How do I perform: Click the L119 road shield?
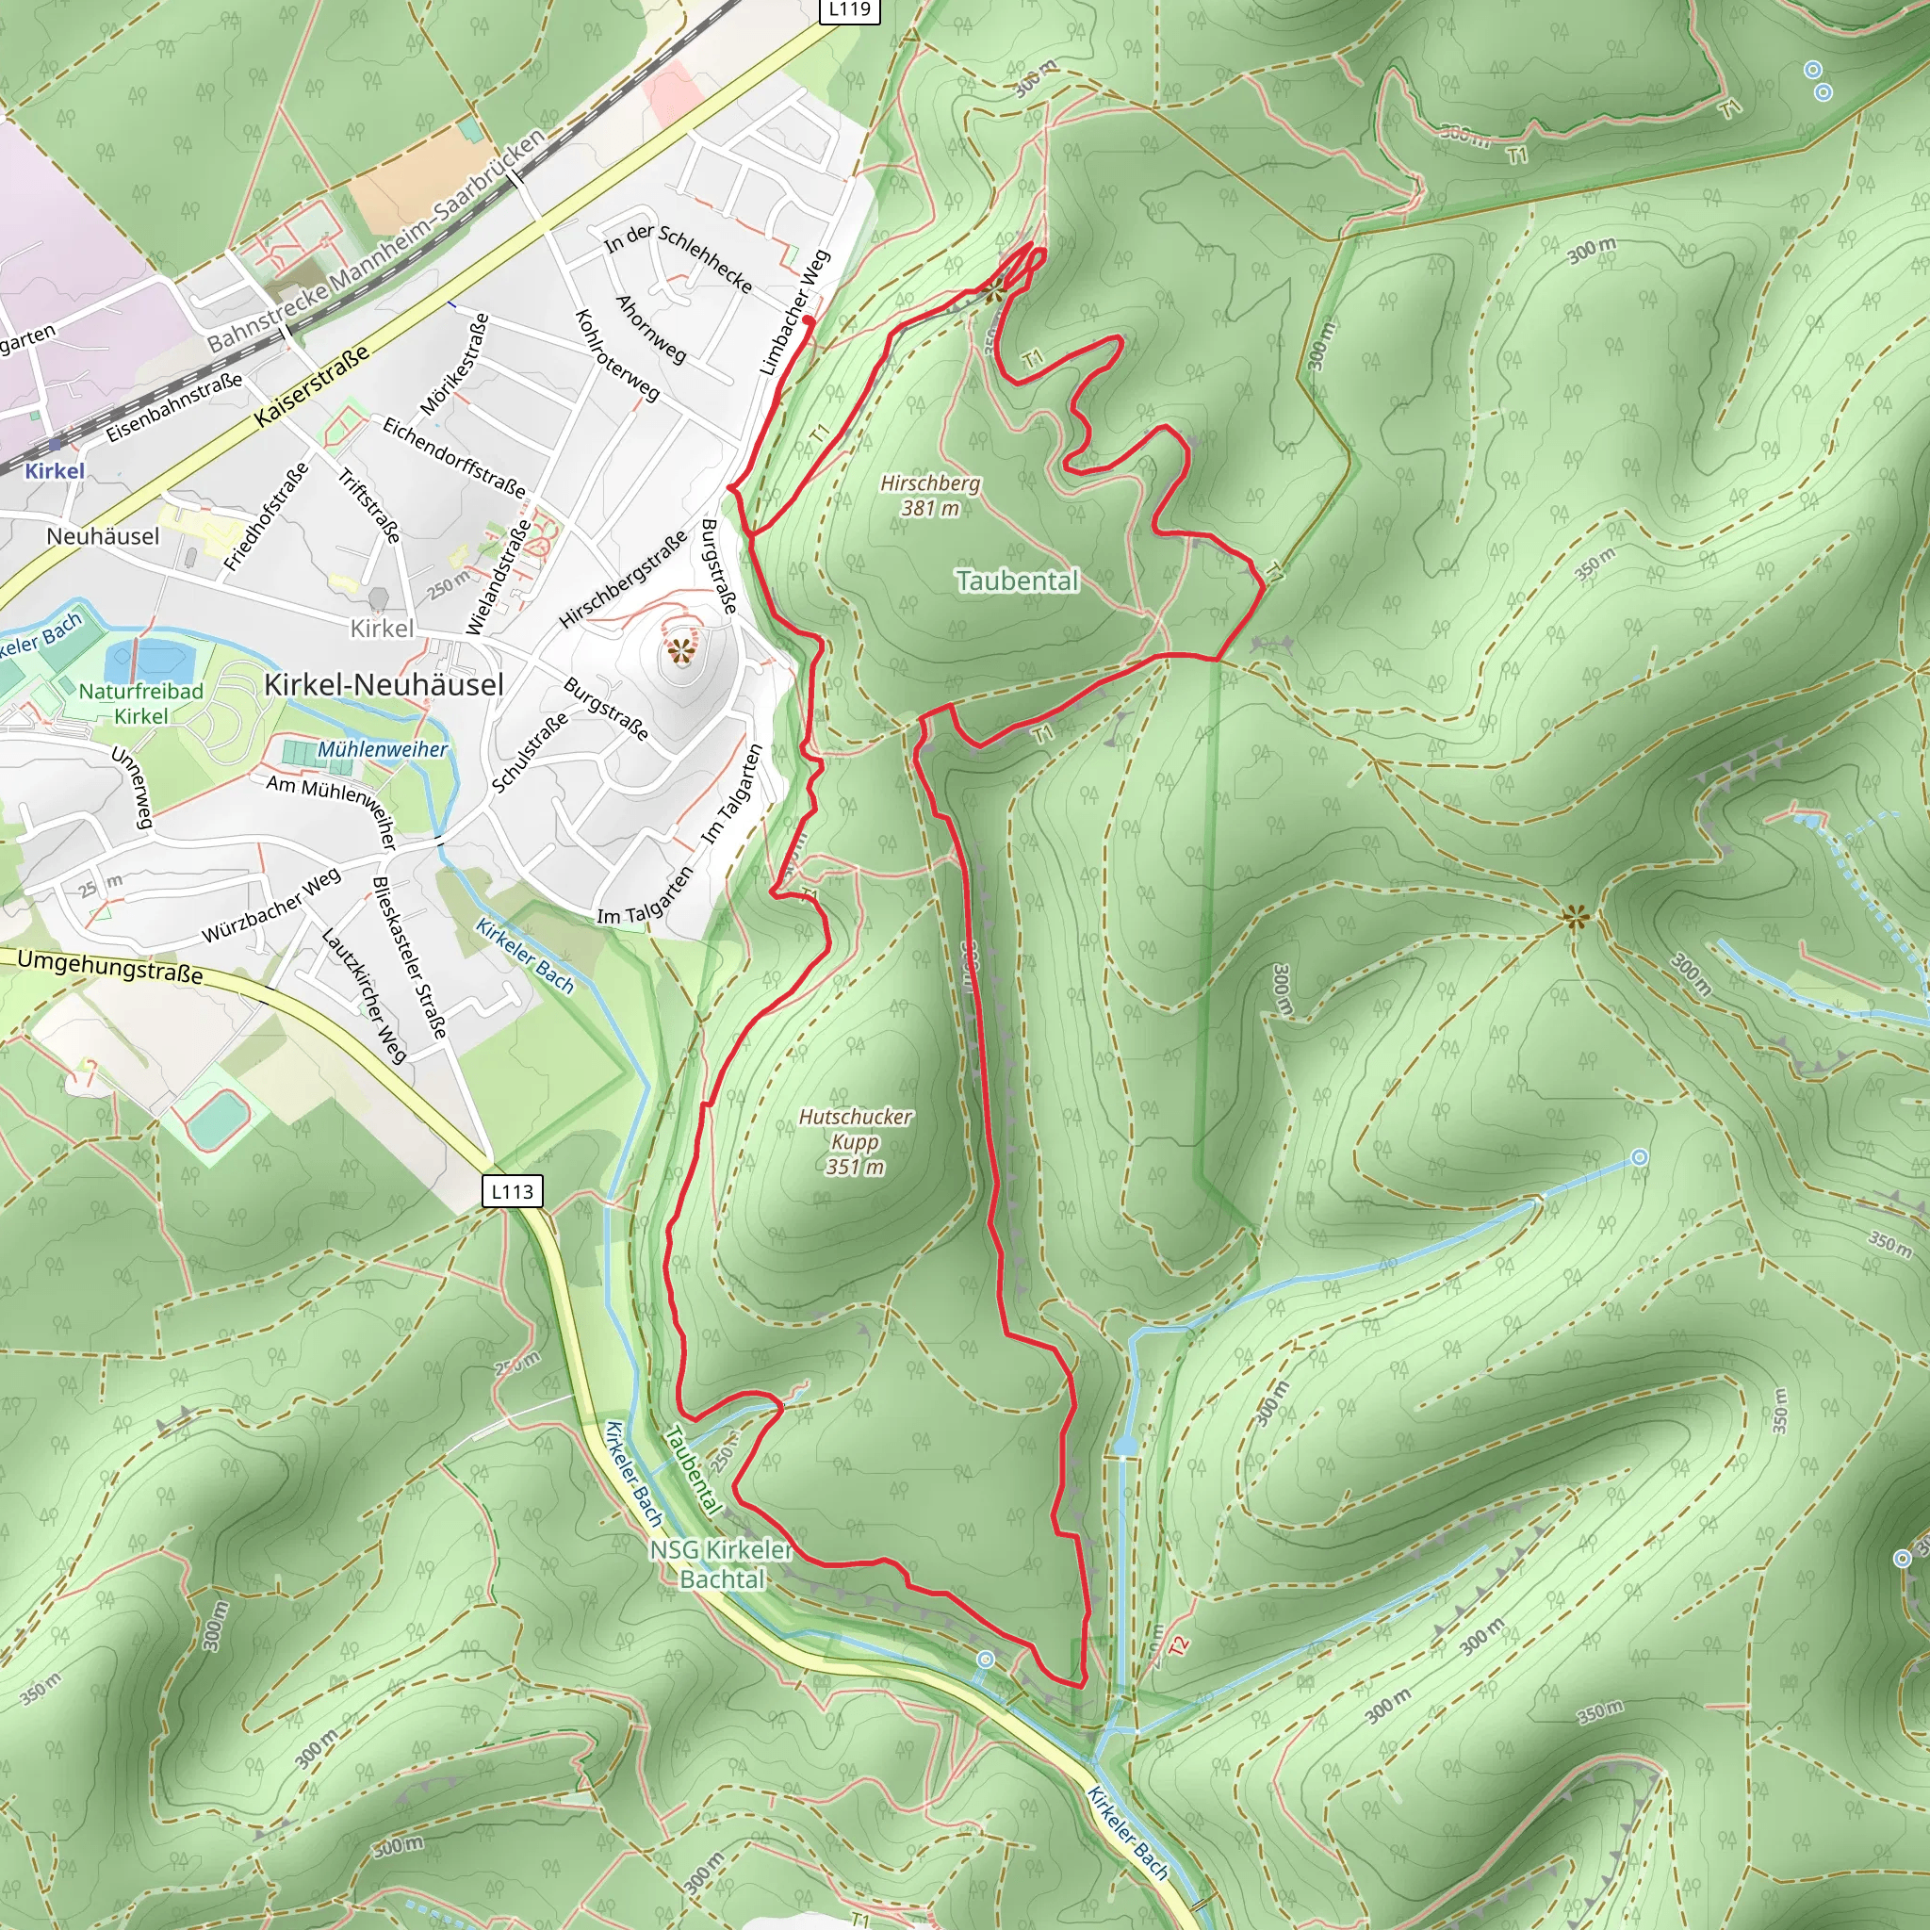(849, 10)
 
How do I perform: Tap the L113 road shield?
(513, 1191)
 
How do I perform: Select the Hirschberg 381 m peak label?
(930, 496)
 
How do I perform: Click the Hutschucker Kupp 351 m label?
(855, 1141)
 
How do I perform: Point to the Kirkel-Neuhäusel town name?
(384, 684)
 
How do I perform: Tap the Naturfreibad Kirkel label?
(140, 703)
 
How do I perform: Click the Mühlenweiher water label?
(383, 749)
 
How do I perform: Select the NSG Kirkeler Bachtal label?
(721, 1564)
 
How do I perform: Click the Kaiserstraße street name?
(312, 386)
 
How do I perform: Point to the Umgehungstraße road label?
(110, 966)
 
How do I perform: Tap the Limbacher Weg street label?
(795, 313)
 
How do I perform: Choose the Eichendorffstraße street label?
(454, 457)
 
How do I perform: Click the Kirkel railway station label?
(54, 470)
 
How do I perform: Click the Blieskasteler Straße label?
(409, 957)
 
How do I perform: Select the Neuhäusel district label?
(103, 536)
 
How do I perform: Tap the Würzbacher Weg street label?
(271, 905)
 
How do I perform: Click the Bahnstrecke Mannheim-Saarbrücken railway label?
(377, 240)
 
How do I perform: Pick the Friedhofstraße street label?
(266, 517)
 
